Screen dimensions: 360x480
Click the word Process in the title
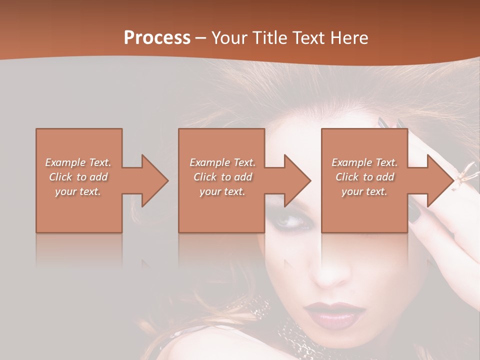(157, 38)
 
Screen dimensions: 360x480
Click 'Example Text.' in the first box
(78, 162)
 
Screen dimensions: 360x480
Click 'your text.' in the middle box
(222, 191)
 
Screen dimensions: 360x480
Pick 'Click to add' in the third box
(364, 177)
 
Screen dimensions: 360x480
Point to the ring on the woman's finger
(468, 175)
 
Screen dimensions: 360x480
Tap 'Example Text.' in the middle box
(222, 162)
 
